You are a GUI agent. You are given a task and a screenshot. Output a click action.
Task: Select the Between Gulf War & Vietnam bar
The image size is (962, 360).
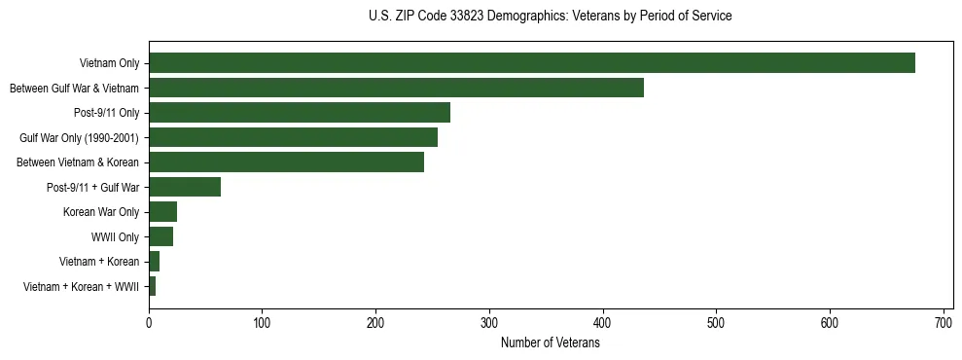(396, 89)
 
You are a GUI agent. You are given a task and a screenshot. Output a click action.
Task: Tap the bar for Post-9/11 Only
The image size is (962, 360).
(300, 113)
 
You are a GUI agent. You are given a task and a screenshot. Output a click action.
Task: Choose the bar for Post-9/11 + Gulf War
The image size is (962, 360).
(185, 187)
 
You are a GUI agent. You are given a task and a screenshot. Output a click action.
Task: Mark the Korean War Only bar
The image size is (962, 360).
(162, 212)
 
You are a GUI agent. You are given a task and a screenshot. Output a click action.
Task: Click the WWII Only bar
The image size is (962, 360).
(160, 236)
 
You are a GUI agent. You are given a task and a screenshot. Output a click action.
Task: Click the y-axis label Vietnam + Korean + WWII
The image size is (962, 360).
(81, 287)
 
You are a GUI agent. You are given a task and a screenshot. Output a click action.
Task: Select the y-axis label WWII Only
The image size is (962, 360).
(115, 237)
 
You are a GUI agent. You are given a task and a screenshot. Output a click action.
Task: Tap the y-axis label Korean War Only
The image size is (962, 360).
(101, 212)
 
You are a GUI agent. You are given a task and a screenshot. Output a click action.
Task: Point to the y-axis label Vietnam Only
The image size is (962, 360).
(109, 64)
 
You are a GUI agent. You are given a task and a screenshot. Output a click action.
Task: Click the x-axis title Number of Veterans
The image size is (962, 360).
(550, 342)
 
